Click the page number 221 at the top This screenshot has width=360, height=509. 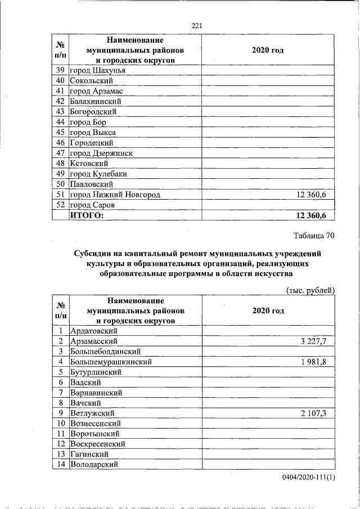click(196, 25)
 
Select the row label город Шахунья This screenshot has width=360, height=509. click(96, 70)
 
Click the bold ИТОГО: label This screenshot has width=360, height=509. click(87, 215)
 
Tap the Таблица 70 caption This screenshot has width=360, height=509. click(313, 236)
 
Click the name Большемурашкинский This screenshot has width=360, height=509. click(111, 362)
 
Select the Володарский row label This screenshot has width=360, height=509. click(93, 465)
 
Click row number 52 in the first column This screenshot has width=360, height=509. click(60, 205)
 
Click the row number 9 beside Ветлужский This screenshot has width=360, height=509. click(60, 413)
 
